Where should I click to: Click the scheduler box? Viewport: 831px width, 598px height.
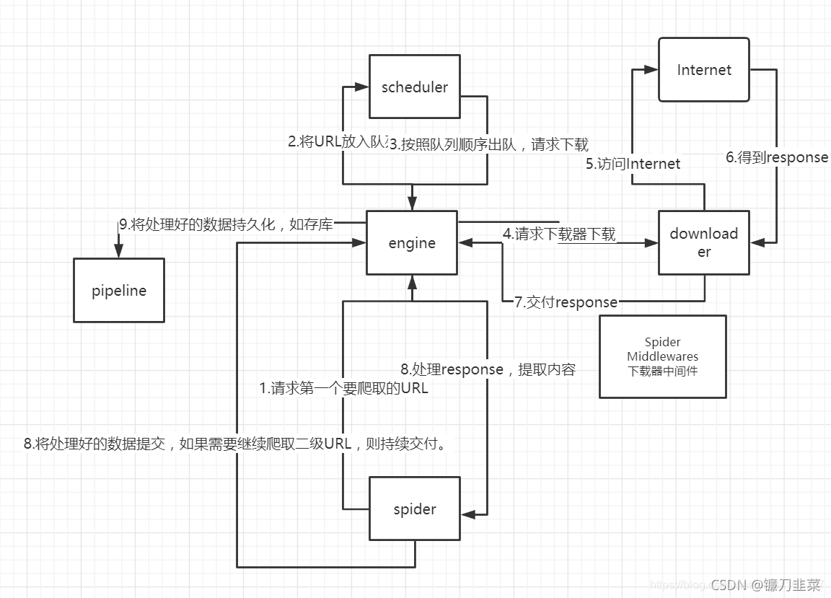coord(414,87)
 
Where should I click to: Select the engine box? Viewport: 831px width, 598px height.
coord(412,242)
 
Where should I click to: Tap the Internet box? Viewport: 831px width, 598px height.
coord(704,69)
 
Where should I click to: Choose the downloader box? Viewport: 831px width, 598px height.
coord(704,242)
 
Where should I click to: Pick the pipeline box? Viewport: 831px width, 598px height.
coord(119,290)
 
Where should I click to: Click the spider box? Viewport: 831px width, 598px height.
coord(415,509)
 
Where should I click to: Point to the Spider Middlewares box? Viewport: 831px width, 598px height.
coord(662,356)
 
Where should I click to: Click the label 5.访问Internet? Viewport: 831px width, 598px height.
coord(633,164)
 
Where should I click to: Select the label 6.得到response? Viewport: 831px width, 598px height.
coord(777,157)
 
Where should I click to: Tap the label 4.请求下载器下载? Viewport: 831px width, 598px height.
coord(559,234)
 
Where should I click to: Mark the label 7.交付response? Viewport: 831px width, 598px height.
coord(566,302)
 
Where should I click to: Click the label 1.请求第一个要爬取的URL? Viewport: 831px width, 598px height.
coord(344,388)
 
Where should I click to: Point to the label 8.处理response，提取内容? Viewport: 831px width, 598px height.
coord(488,369)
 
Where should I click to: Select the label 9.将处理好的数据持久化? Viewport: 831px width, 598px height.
coord(226,224)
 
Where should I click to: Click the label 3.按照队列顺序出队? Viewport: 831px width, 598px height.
coord(489,144)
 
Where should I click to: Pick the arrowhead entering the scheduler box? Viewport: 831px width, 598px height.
coord(363,87)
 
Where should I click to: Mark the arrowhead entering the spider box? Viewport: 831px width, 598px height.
coord(467,514)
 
